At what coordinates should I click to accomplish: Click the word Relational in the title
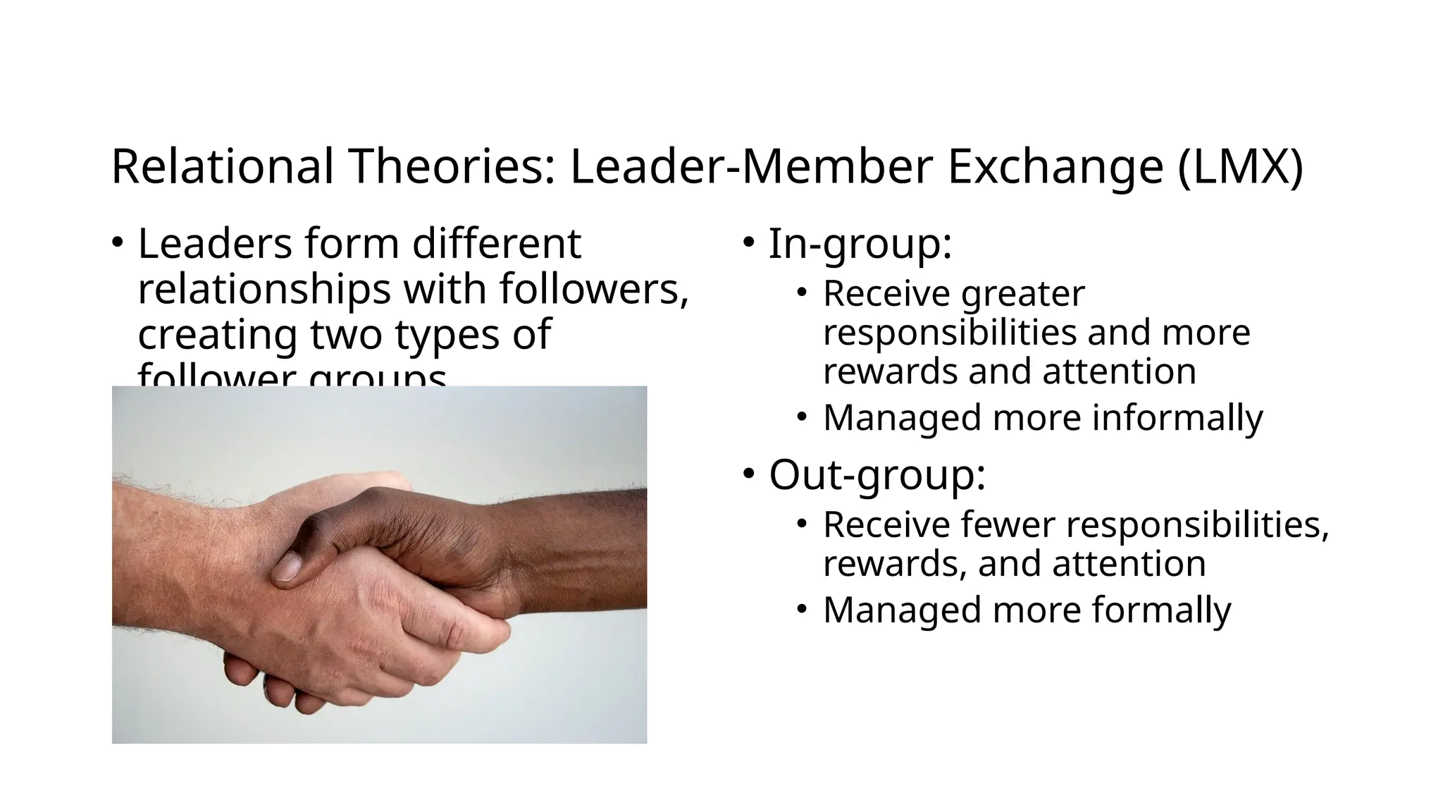coord(222,167)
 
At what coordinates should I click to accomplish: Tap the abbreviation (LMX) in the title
coord(1240,167)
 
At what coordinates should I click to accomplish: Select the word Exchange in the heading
coord(1055,167)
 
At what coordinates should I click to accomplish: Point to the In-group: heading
coord(860,244)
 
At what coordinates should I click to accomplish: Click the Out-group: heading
coord(877,475)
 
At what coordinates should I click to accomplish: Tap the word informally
coord(1177,417)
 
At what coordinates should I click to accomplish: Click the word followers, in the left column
coord(593,289)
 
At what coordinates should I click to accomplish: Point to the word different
coord(496,244)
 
